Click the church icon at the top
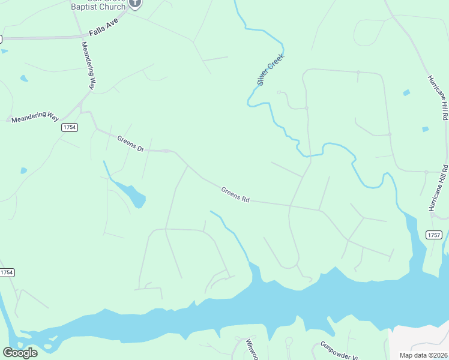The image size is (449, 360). [x=135, y=2]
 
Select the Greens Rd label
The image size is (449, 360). [x=235, y=194]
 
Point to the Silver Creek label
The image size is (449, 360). [x=270, y=70]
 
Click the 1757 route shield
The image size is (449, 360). [x=434, y=235]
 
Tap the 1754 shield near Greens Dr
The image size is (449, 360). [x=70, y=127]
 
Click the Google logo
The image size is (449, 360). [x=20, y=353]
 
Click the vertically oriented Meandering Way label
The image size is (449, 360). [x=88, y=65]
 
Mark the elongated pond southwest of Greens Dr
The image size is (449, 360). [x=130, y=192]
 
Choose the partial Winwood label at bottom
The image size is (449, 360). [x=252, y=349]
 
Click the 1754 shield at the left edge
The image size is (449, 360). [x=7, y=272]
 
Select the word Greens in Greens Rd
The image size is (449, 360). [x=231, y=193]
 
